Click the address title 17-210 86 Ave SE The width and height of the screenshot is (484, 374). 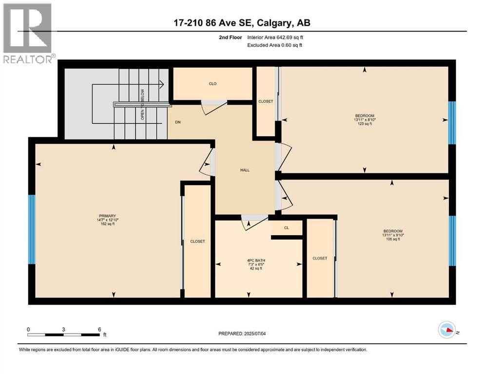pos(242,23)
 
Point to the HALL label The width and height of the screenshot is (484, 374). pos(245,170)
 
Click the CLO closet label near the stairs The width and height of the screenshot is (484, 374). pos(213,84)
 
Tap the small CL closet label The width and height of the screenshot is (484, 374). pos(287,227)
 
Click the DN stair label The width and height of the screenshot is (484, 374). pos(178,122)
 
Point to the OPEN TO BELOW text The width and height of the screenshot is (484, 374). pos(143,104)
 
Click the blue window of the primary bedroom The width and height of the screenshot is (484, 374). pos(32,229)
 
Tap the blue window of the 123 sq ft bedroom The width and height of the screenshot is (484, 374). pos(452,123)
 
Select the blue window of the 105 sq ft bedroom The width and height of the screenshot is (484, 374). pos(452,241)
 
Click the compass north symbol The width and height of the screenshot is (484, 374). pos(446,331)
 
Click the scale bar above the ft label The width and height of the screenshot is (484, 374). pos(63,335)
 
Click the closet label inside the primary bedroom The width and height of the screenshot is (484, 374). pos(197,242)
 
